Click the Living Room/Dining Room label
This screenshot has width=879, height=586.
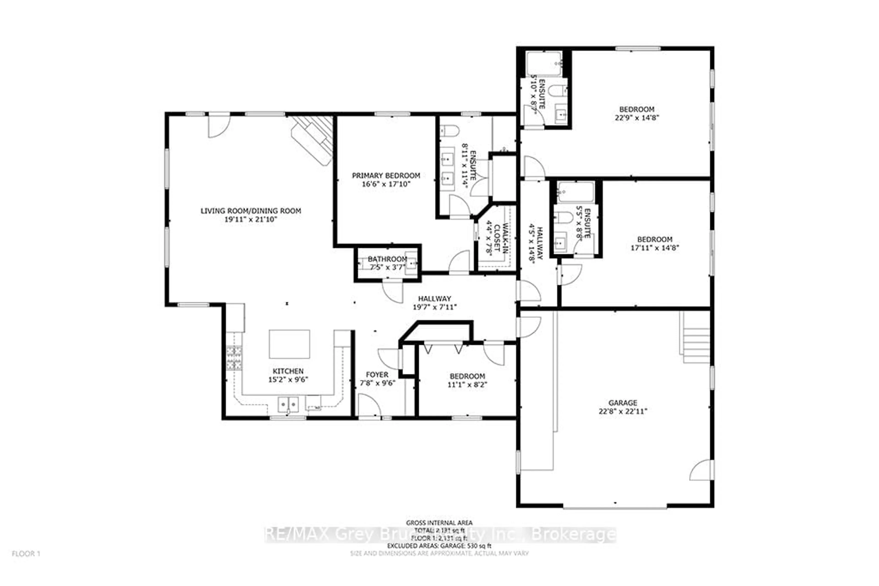(x=250, y=211)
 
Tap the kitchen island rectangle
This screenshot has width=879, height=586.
(x=289, y=344)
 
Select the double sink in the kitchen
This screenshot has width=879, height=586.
(x=288, y=404)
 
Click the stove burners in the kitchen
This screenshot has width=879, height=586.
(x=234, y=358)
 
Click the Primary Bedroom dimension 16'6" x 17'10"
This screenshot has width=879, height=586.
(x=386, y=184)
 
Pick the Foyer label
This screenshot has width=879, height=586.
(x=377, y=375)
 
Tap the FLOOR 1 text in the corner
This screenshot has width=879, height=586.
(x=26, y=554)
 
